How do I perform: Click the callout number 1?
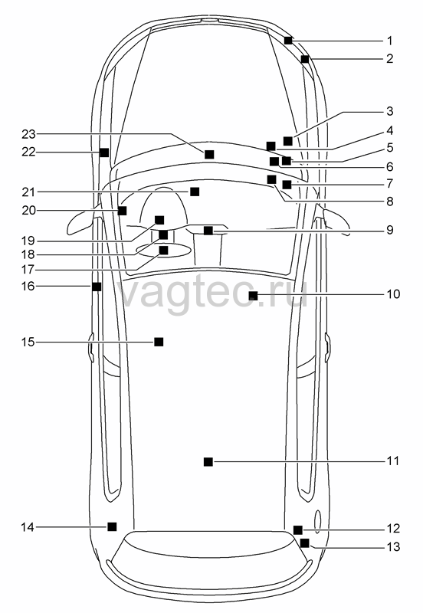389,41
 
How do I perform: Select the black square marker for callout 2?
305,59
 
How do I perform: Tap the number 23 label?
28,135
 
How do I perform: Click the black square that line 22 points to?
104,152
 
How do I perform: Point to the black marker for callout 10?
254,296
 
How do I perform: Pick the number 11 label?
393,461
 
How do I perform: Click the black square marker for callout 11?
208,462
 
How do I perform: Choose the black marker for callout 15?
159,342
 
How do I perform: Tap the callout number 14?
28,527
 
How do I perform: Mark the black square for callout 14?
112,526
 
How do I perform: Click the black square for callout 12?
298,530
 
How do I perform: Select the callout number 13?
394,546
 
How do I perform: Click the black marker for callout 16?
97,287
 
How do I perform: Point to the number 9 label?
390,230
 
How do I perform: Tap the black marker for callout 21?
195,192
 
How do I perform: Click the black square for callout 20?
123,211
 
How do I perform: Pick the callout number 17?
28,270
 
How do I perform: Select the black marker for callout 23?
209,155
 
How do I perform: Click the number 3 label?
390,111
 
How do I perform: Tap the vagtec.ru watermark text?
213,293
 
